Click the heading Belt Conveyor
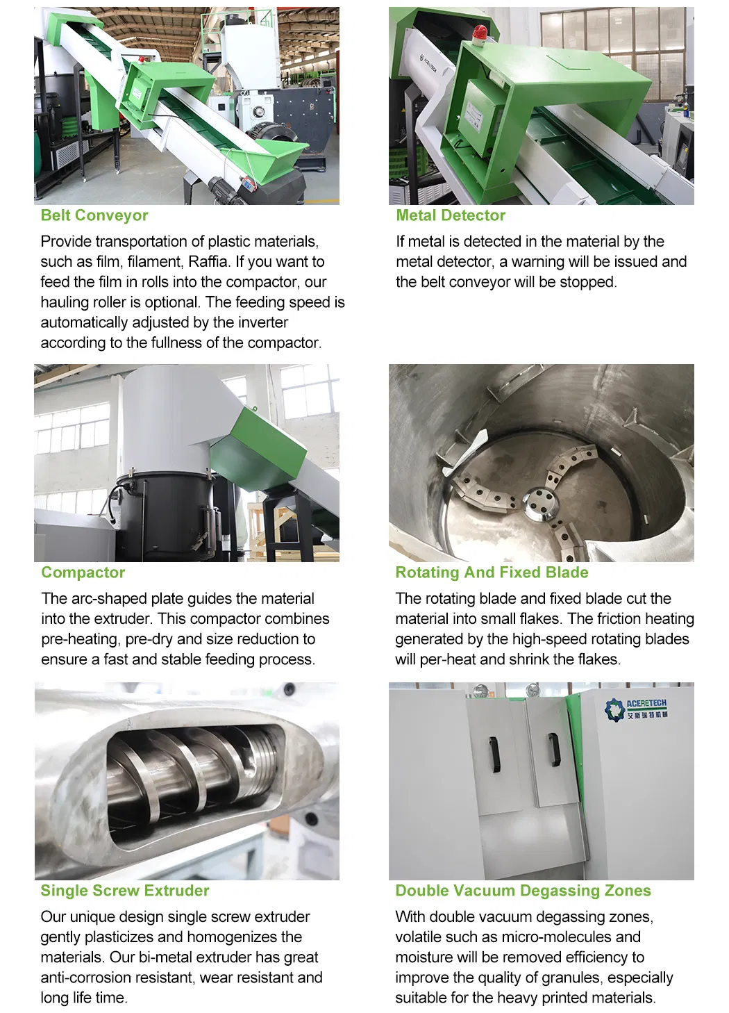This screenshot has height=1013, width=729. (x=94, y=215)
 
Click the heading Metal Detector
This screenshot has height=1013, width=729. (x=450, y=215)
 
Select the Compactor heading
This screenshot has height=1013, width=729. (x=83, y=573)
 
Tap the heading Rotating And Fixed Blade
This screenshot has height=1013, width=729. (x=492, y=573)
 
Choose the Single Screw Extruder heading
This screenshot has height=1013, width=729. (x=125, y=891)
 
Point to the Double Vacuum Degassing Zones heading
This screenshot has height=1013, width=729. (x=523, y=891)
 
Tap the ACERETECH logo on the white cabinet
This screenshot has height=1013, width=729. (x=636, y=709)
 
